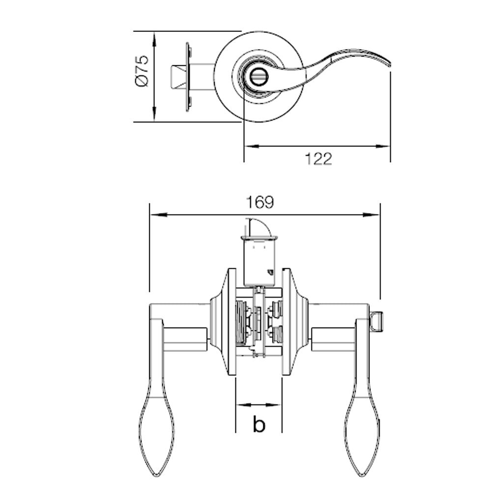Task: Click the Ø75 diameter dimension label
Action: click(141, 72)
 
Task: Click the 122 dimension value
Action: click(318, 159)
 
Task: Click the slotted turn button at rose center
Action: click(256, 77)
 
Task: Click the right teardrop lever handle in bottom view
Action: click(363, 432)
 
